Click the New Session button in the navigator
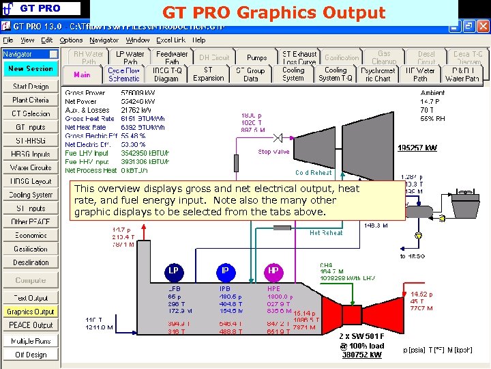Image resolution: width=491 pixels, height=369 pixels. pyautogui.click(x=31, y=68)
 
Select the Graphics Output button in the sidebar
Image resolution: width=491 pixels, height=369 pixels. pyautogui.click(x=31, y=312)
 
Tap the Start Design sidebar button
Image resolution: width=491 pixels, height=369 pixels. pyautogui.click(x=31, y=87)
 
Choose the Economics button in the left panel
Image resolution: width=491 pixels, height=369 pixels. pyautogui.click(x=31, y=235)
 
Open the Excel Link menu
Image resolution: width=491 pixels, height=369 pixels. pyautogui.click(x=170, y=40)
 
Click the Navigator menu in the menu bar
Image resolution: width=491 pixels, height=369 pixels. pyautogui.click(x=104, y=40)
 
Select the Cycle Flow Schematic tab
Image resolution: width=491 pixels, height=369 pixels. pyautogui.click(x=124, y=74)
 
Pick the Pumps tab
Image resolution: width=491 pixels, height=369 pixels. pyautogui.click(x=257, y=58)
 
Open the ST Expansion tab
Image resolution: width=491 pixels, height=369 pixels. pyautogui.click(x=208, y=74)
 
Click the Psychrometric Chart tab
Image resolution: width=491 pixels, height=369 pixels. pyautogui.click(x=377, y=74)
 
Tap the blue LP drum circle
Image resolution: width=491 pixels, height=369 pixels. pyautogui.click(x=174, y=271)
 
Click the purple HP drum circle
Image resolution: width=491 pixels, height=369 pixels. pyautogui.click(x=273, y=271)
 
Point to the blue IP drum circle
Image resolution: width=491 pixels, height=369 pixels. pyautogui.click(x=224, y=271)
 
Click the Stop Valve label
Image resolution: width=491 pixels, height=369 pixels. pyautogui.click(x=273, y=152)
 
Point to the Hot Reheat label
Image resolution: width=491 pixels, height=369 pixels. pyautogui.click(x=326, y=233)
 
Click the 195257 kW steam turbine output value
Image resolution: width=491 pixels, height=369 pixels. pyautogui.click(x=418, y=148)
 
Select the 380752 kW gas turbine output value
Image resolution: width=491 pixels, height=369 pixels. pyautogui.click(x=362, y=355)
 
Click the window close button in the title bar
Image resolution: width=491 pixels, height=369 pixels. pyautogui.click(x=482, y=26)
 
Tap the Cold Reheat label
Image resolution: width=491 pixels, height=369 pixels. pyautogui.click(x=314, y=173)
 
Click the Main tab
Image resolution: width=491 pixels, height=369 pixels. pyautogui.click(x=82, y=74)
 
